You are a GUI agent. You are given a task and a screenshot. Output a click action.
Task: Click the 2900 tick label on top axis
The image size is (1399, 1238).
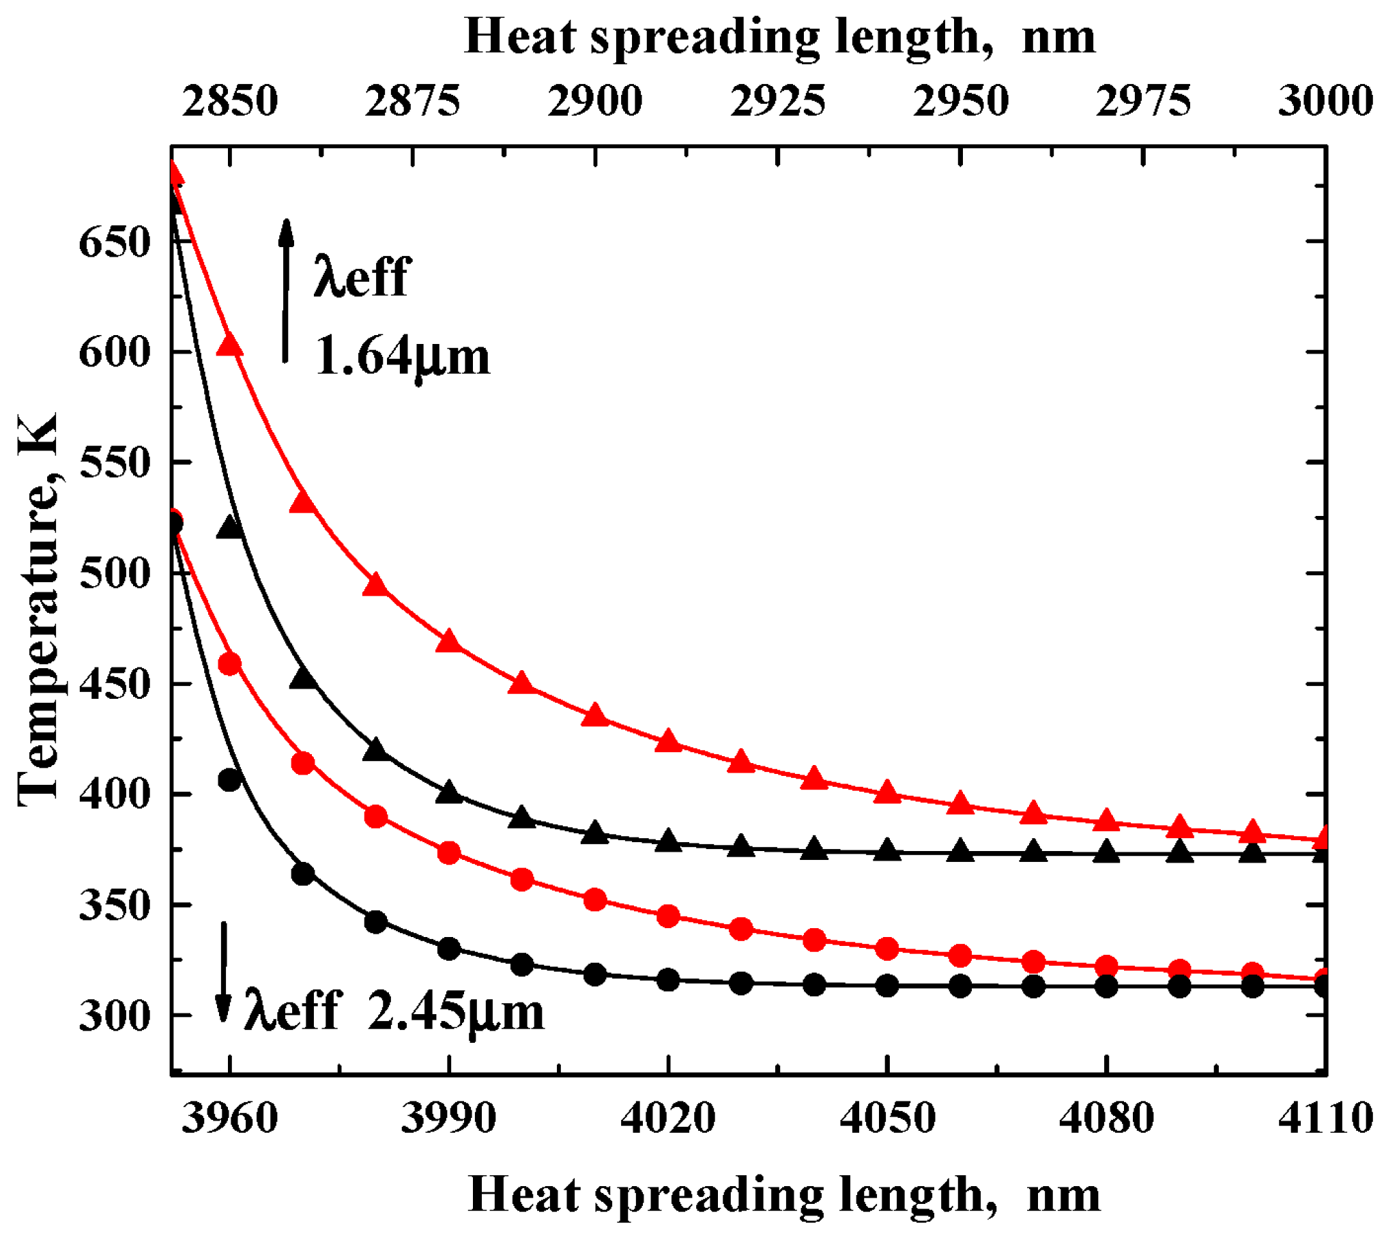595,101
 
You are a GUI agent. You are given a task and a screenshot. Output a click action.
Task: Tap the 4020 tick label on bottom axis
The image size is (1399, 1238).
668,1119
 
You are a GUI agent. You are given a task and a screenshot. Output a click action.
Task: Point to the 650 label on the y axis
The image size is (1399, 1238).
114,242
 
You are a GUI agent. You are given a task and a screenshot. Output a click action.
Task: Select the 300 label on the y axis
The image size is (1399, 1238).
114,1016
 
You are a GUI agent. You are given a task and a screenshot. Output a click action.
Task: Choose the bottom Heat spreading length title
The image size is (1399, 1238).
783,1194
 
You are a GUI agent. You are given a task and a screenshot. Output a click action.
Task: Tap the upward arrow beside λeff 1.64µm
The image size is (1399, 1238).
286,291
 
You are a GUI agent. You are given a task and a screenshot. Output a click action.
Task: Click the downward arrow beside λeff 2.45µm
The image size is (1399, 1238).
223,972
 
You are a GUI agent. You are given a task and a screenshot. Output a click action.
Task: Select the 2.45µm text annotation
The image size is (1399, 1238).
456,1013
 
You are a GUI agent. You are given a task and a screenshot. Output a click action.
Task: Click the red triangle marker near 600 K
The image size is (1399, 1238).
230,345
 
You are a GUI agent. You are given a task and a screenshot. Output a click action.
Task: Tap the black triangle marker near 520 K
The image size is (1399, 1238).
230,527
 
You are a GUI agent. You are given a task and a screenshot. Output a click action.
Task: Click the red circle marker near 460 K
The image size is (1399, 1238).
230,663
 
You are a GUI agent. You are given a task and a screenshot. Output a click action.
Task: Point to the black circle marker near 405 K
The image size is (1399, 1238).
230,779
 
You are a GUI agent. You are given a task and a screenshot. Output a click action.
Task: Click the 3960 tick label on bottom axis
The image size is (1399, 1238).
230,1119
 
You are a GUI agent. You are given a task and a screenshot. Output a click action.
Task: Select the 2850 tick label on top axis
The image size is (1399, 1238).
230,101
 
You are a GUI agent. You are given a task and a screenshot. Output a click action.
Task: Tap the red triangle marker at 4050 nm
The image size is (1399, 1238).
888,792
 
